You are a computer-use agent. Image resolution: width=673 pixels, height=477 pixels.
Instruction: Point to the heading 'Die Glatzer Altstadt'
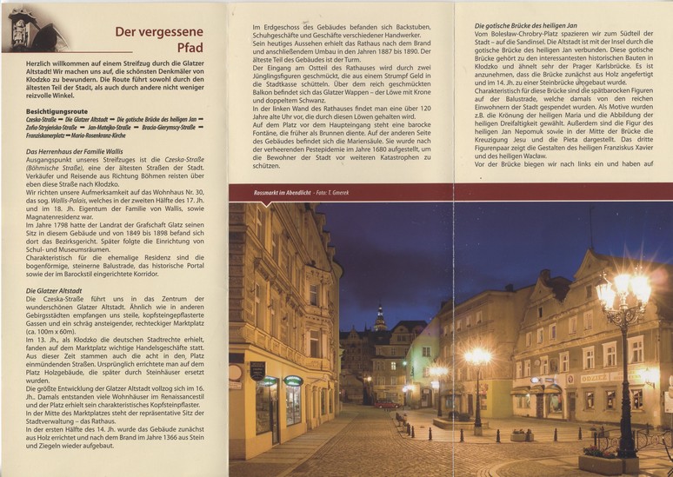coord(56,290)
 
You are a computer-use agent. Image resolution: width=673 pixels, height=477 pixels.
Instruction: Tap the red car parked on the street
coord(386,403)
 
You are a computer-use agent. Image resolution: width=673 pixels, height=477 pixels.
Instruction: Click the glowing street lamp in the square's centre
coord(476,357)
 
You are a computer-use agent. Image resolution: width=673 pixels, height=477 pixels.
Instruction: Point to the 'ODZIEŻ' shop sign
coord(595,379)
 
